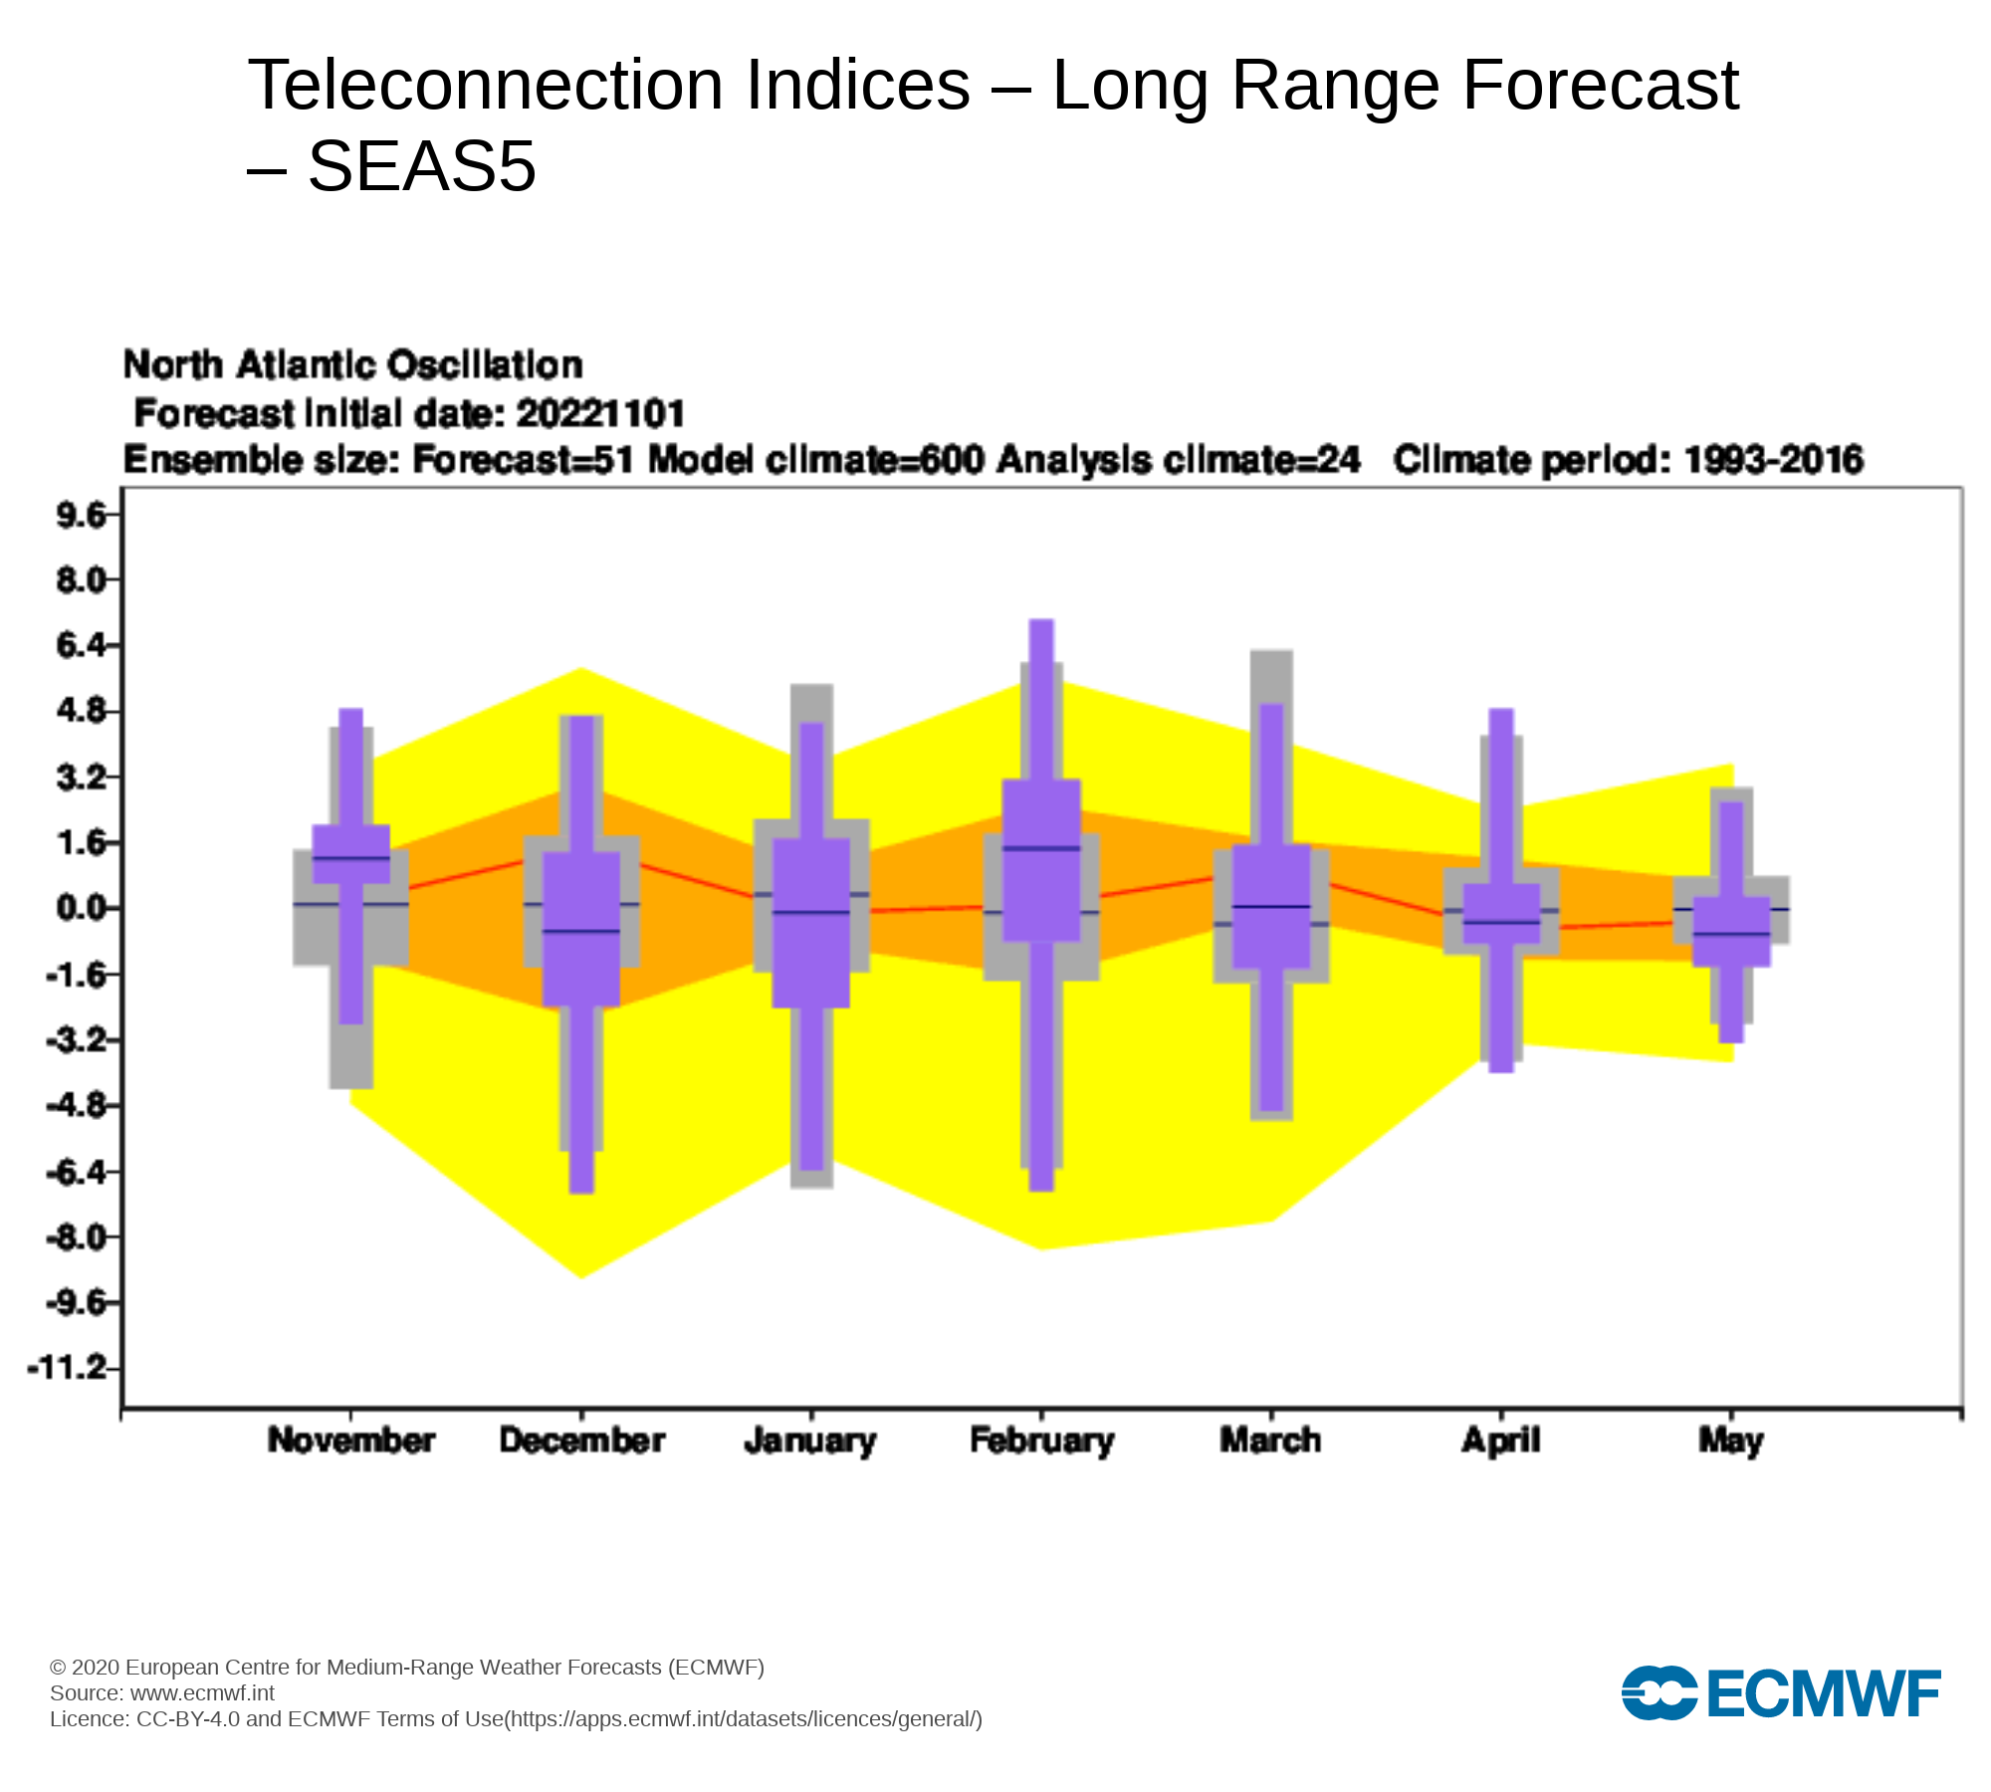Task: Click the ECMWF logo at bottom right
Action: click(x=1781, y=1691)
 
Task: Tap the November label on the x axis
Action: click(x=350, y=1441)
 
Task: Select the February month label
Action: click(x=1041, y=1441)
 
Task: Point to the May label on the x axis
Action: click(x=1730, y=1441)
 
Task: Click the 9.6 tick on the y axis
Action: click(x=82, y=515)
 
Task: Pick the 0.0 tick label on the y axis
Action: click(x=82, y=908)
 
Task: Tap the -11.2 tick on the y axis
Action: click(x=68, y=1368)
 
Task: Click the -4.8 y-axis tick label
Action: click(x=76, y=1105)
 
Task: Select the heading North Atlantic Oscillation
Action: click(x=352, y=365)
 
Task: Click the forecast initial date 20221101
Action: click(x=600, y=413)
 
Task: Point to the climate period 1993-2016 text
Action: click(x=1772, y=460)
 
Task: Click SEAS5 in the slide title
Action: click(x=422, y=166)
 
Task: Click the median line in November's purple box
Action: click(x=351, y=857)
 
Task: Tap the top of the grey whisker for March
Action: click(x=1271, y=653)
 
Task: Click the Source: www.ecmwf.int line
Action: click(x=162, y=1693)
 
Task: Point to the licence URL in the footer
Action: click(x=743, y=1719)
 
